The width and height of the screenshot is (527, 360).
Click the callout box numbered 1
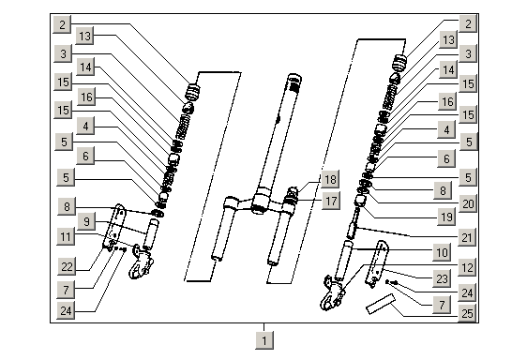(264, 340)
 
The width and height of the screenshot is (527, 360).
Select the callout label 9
(86, 221)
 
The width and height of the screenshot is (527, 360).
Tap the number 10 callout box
(442, 252)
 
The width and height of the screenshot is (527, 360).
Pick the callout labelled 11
(66, 236)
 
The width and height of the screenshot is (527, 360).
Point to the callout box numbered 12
(467, 267)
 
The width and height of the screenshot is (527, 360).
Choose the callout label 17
(331, 201)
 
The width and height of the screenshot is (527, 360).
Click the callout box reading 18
(330, 179)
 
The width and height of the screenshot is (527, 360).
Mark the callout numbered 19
(446, 217)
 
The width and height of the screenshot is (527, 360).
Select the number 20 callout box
(468, 203)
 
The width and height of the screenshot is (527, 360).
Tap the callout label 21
(467, 237)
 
